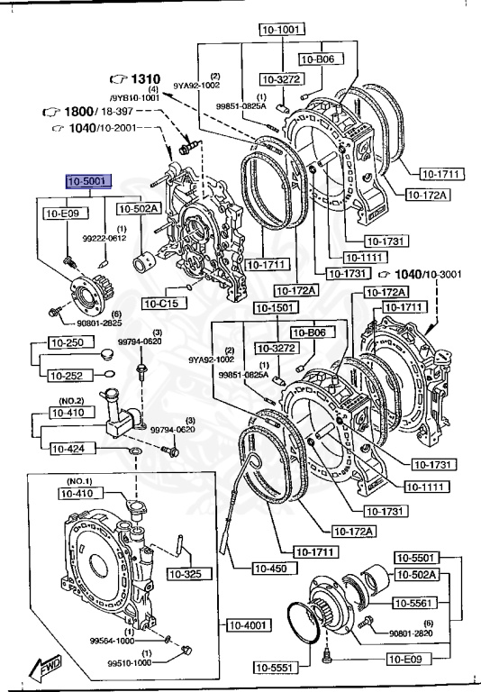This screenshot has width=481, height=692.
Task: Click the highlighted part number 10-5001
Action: pyautogui.click(x=86, y=181)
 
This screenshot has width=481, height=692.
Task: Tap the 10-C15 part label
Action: pyautogui.click(x=160, y=303)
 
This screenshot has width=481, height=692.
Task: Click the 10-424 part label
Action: pyautogui.click(x=68, y=448)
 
